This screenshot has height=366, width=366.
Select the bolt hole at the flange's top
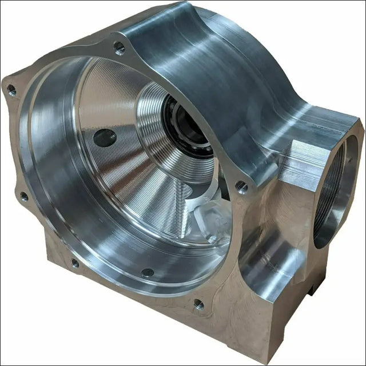119,48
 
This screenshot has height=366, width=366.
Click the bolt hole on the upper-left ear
11,89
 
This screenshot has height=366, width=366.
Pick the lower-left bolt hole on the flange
75,263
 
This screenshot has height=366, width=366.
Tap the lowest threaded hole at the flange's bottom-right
198,304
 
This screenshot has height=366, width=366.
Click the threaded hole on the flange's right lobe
242,186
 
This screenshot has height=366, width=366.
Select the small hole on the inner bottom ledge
148,272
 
